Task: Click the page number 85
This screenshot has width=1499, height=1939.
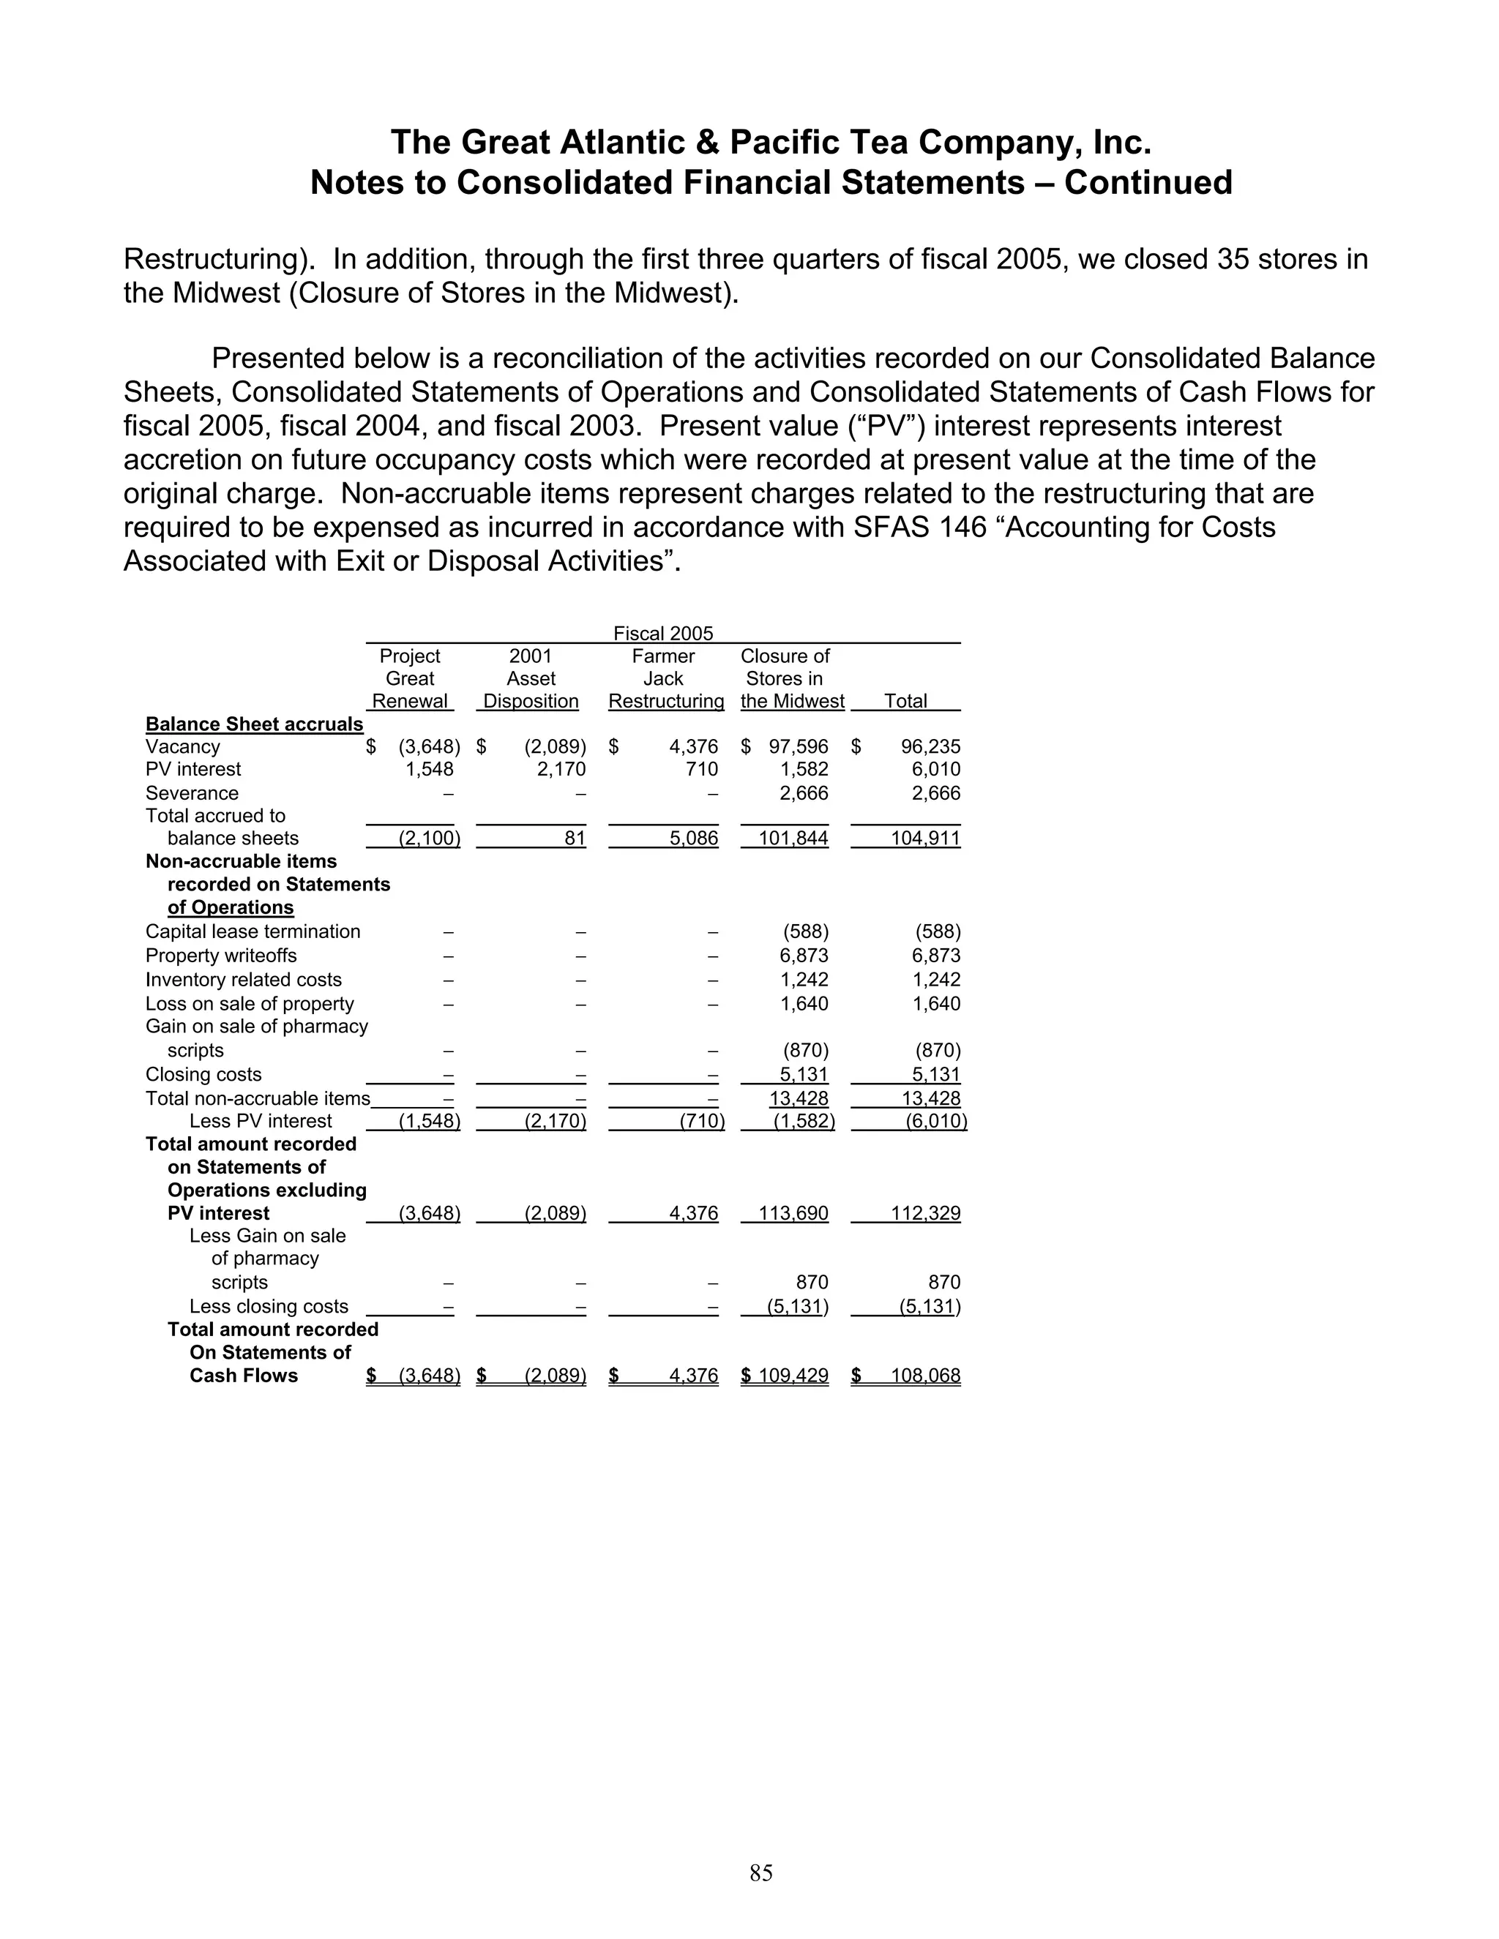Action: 761,1872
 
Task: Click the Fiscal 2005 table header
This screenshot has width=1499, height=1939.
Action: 662,633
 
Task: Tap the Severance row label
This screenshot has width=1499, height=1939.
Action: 192,793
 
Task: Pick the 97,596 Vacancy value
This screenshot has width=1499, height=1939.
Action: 799,746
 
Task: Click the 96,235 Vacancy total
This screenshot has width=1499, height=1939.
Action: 931,746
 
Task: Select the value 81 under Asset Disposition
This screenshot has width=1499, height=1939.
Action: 575,838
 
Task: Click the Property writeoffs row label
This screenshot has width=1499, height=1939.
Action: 221,956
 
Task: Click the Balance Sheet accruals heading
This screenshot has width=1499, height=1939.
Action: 254,724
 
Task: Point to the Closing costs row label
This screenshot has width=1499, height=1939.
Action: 203,1074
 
